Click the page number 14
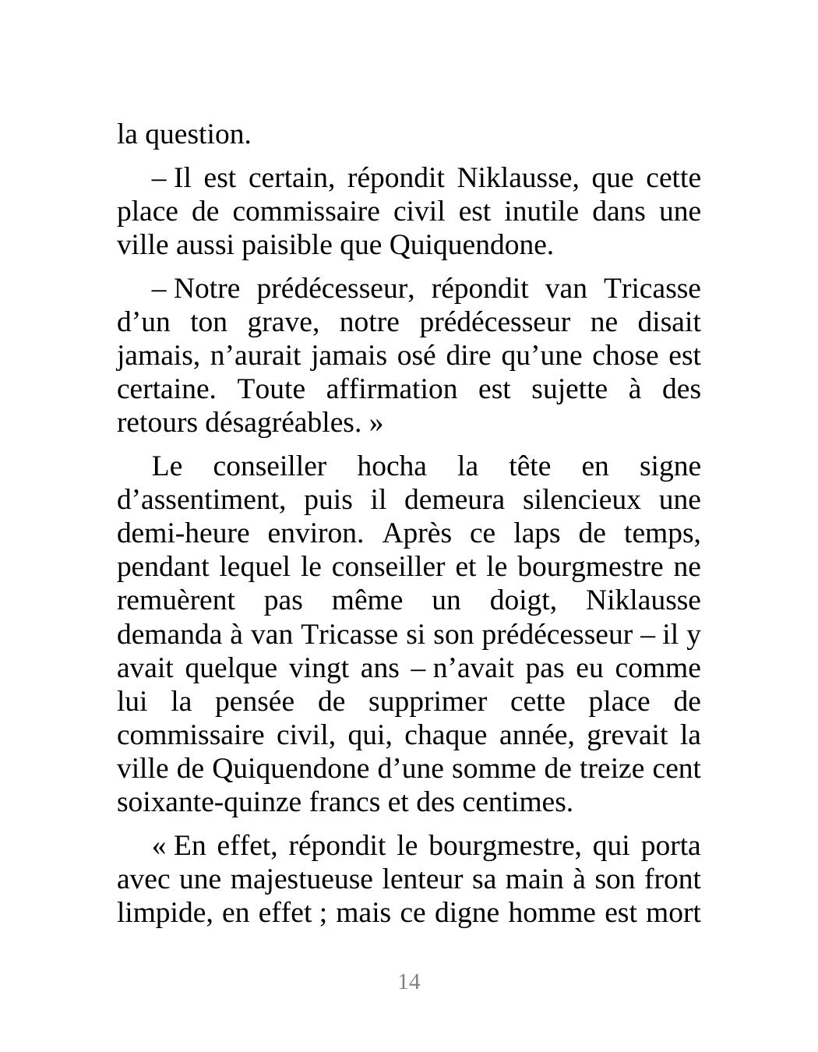tap(409, 982)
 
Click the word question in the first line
tap(199, 136)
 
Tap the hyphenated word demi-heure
tap(183, 535)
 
